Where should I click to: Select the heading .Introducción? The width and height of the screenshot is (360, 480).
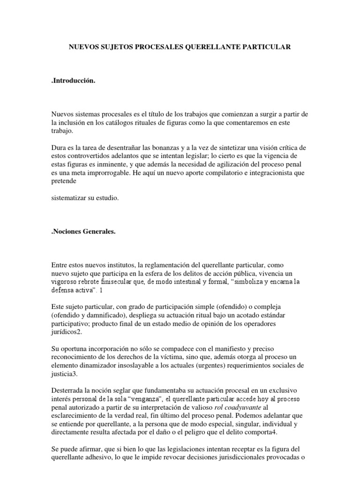(x=73, y=82)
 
